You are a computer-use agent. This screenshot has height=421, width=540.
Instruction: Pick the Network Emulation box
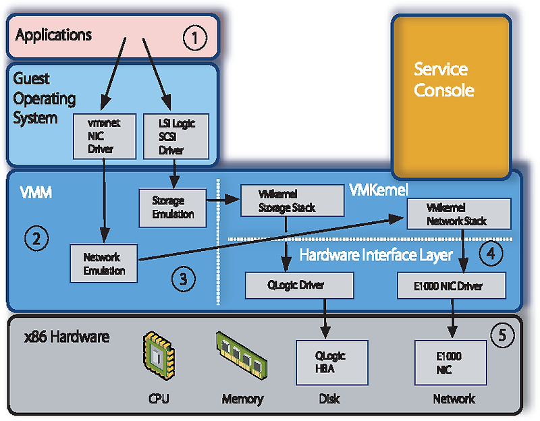pyautogui.click(x=104, y=264)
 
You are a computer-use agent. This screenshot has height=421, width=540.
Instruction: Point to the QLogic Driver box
pyautogui.click(x=299, y=285)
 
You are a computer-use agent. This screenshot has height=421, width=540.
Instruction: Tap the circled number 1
pyautogui.click(x=194, y=38)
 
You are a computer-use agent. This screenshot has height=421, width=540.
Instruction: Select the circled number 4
pyautogui.click(x=491, y=254)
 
